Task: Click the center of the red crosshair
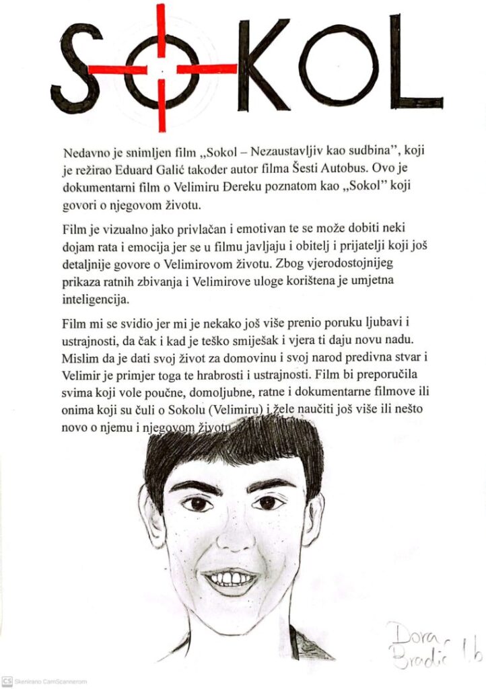(162, 69)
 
